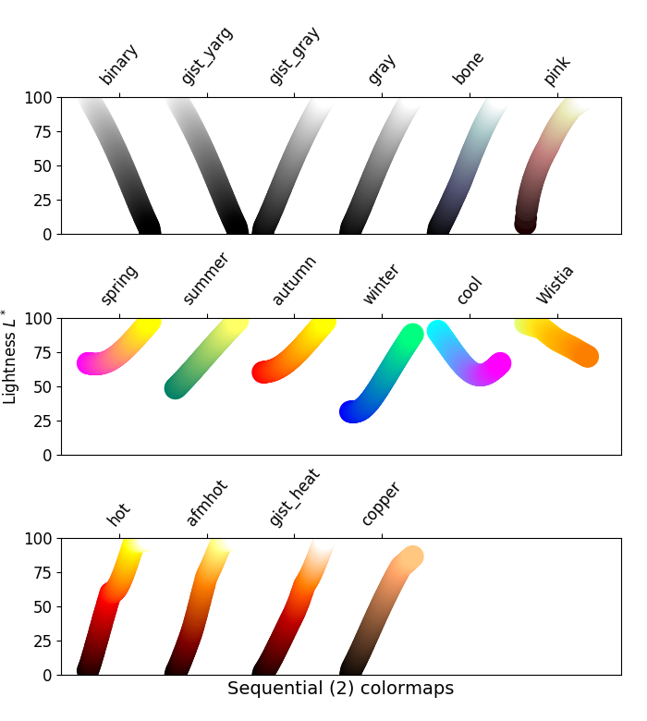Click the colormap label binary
coord(119,65)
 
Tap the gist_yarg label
coord(207,57)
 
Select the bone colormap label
coord(469,69)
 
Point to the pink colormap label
coord(557,71)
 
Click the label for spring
coord(119,285)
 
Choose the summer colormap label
coord(205,279)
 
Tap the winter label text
coord(381,285)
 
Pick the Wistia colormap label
coord(555,285)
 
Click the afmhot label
coord(206,504)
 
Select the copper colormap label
coord(380,505)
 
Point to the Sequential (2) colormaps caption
coord(340,689)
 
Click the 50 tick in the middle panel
coord(46,386)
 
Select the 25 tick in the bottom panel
coord(46,641)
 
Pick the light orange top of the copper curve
coord(409,556)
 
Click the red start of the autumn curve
coord(264,372)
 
